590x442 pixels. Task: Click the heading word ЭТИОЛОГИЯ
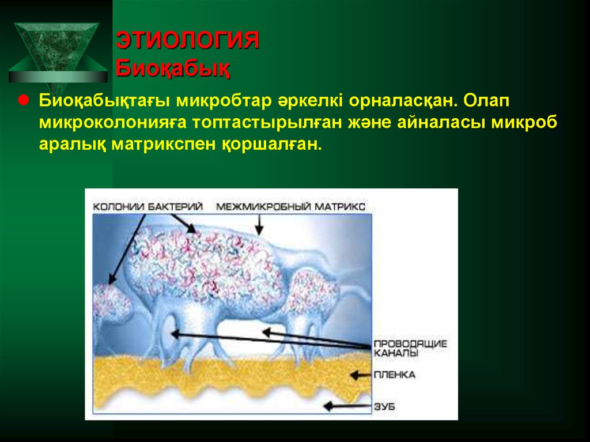[188, 41]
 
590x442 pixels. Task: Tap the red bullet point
[24, 100]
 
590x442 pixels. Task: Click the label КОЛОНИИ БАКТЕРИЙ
[148, 206]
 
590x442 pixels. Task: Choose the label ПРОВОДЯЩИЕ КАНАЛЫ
[410, 347]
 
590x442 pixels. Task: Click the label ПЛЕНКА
[395, 375]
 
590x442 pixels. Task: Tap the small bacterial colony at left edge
[111, 303]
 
